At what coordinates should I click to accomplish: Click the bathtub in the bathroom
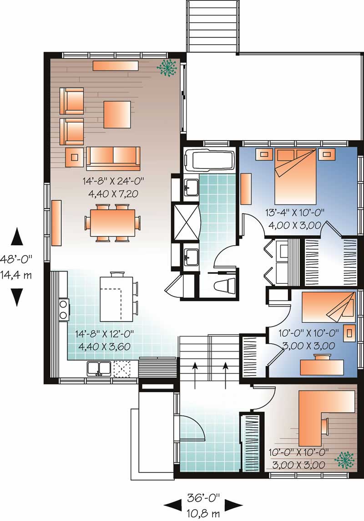point(209,161)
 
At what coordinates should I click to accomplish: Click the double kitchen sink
point(98,368)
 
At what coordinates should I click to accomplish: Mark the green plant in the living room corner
point(167,67)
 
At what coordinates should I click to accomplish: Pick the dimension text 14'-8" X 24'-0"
point(113,181)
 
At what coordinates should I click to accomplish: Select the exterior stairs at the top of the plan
point(212,26)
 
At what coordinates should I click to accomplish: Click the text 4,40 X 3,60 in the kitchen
point(105,347)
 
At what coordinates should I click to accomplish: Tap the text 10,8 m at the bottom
point(203,514)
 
